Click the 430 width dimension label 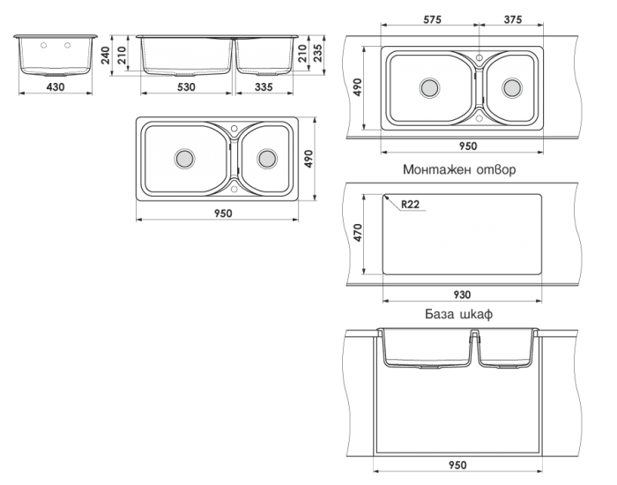(x=56, y=86)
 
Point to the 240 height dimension (x=106, y=56)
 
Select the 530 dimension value (x=186, y=86)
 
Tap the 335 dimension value (x=264, y=86)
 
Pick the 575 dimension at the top (x=433, y=19)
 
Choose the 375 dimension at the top (x=512, y=19)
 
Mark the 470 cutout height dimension (x=357, y=233)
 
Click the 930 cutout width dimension (x=462, y=295)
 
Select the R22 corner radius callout (x=410, y=205)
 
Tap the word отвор (x=496, y=169)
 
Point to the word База (x=440, y=314)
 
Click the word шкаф (x=476, y=314)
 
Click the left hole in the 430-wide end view (x=44, y=45)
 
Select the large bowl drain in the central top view (x=184, y=158)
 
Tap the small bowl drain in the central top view (x=267, y=158)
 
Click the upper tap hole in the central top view (x=234, y=129)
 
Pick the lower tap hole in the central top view (x=234, y=190)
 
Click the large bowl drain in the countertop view (x=429, y=87)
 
